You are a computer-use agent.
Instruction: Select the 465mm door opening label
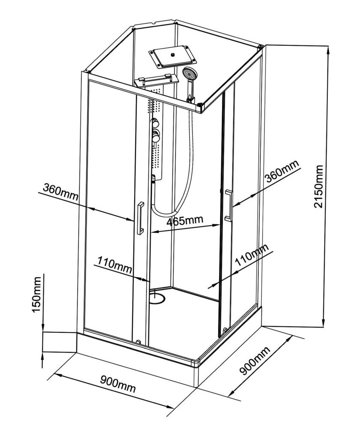coord(185,221)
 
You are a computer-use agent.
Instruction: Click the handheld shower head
coord(188,73)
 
